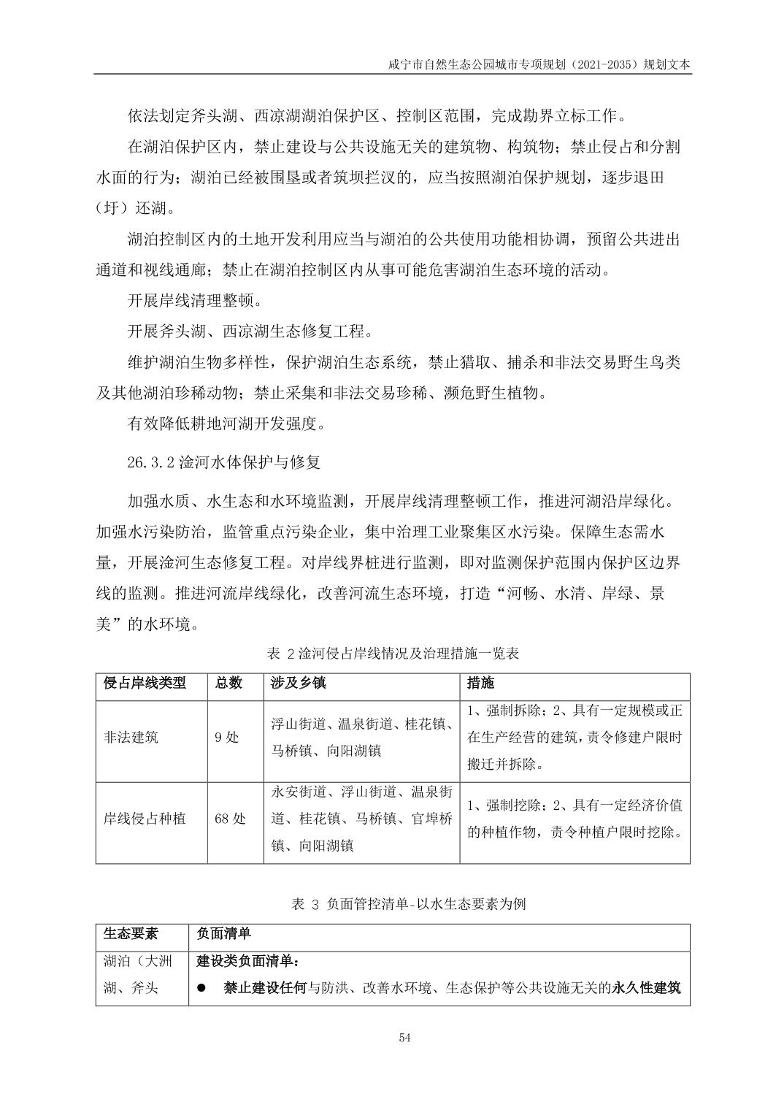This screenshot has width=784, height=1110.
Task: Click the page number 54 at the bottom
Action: (405, 1038)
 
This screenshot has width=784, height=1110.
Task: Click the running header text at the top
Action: (539, 64)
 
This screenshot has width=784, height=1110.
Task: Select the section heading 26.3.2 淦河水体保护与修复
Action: (223, 462)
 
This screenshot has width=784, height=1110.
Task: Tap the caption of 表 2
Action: (393, 653)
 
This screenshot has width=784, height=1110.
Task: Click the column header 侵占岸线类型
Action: (145, 684)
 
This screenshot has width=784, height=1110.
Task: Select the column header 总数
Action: (228, 684)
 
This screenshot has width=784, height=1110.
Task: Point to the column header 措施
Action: (480, 684)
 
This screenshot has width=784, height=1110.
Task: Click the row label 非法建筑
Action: (131, 738)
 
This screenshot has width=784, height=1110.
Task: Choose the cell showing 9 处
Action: (226, 738)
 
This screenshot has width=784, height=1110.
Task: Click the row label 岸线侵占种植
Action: (145, 819)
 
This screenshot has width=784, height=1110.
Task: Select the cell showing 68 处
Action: (230, 819)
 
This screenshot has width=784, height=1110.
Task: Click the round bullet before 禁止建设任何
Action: (202, 989)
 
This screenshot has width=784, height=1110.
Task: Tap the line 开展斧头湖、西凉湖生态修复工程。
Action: (250, 331)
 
